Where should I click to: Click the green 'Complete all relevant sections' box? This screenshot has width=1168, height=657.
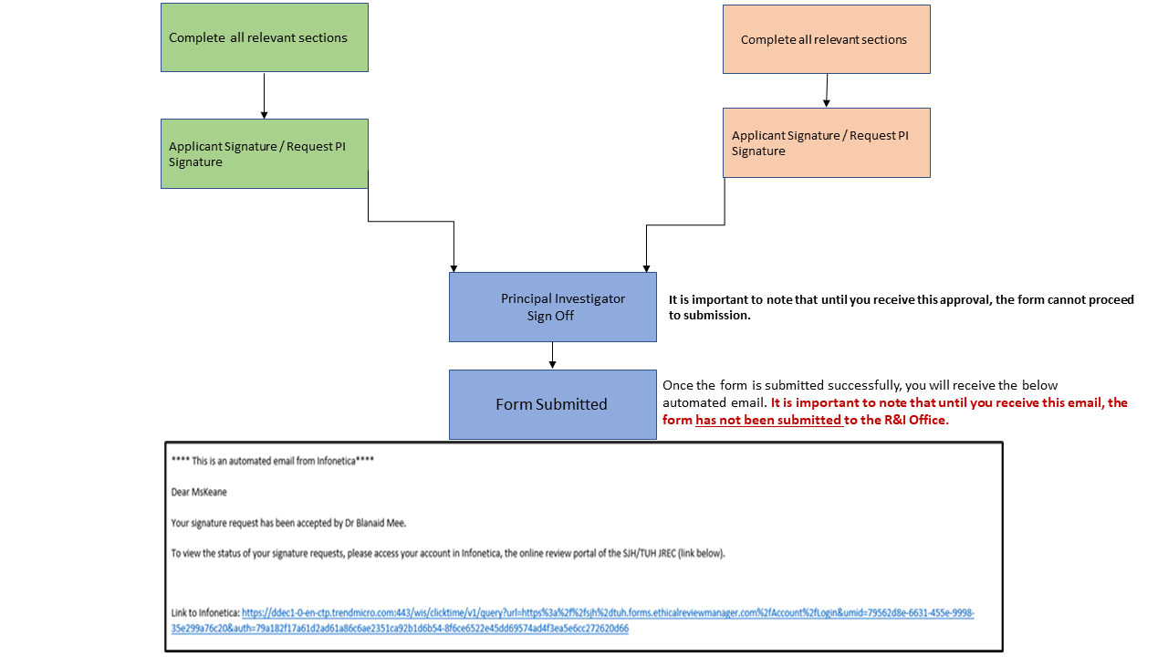tap(265, 37)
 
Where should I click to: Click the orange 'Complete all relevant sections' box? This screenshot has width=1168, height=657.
tap(826, 39)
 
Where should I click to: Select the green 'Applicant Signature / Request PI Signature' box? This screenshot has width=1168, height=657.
tap(265, 153)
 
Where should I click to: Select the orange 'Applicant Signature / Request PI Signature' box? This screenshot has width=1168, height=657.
tap(826, 142)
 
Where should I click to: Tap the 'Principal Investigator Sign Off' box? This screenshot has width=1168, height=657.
tap(552, 308)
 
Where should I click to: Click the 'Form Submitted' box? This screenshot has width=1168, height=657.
tap(552, 404)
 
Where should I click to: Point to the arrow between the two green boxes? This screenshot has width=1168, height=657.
tap(264, 96)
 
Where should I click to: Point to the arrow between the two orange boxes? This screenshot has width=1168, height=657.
tap(827, 90)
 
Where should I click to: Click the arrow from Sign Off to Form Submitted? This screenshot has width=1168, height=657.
tap(552, 355)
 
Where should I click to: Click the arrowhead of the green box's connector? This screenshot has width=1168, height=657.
tap(454, 266)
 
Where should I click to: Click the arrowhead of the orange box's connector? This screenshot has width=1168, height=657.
tap(646, 266)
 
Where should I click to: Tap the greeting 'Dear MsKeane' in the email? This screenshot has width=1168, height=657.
tap(199, 492)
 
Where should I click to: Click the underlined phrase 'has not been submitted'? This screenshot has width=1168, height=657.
tap(767, 420)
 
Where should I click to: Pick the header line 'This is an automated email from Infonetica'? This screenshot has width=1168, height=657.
tap(273, 461)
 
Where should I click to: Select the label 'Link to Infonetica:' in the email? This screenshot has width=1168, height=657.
tap(205, 613)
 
